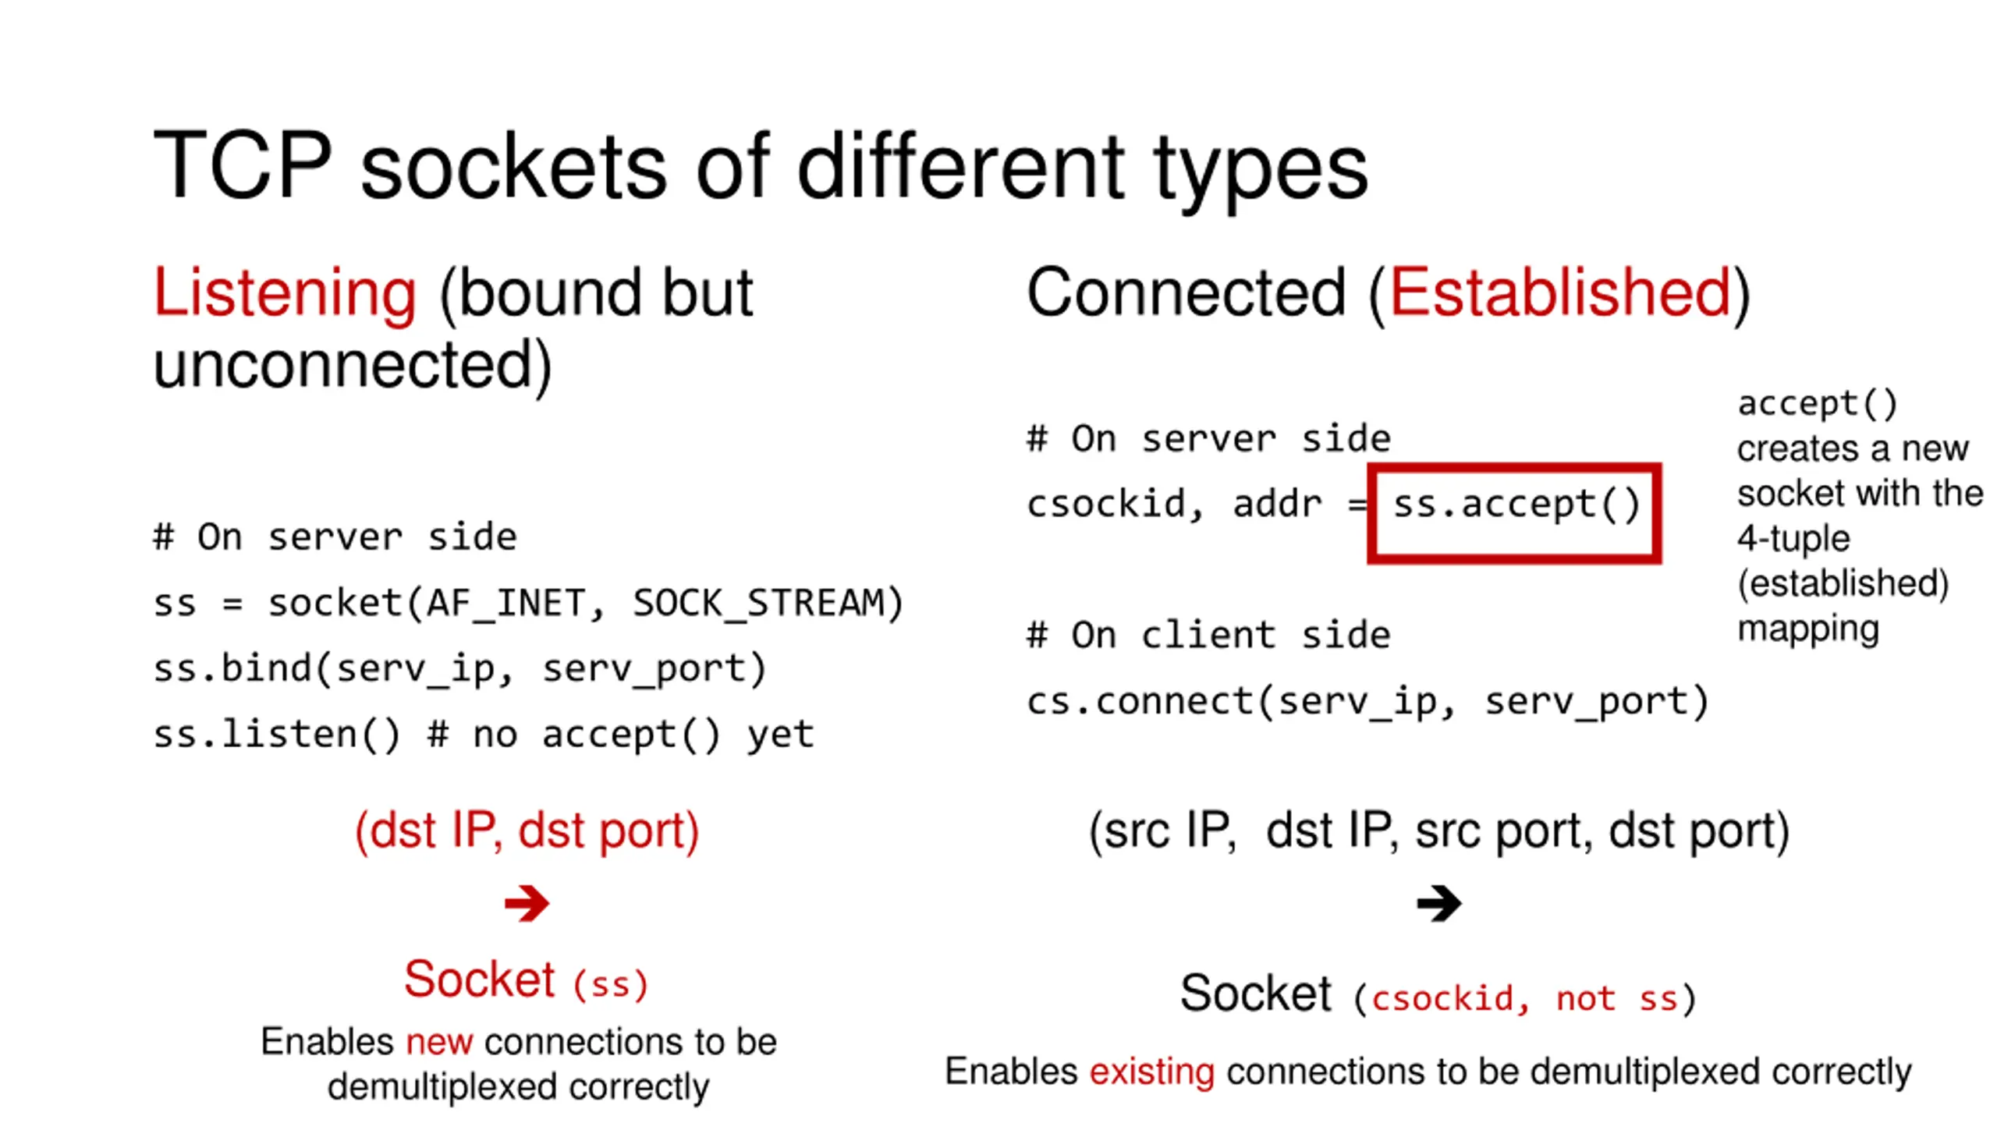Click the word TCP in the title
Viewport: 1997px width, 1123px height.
243,166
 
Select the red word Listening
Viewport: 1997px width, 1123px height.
285,292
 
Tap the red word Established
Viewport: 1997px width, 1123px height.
1560,292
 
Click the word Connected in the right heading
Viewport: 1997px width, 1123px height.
1186,292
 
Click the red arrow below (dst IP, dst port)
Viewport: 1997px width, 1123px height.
527,903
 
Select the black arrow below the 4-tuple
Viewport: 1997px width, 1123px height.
1438,903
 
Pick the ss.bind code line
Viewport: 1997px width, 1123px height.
460,669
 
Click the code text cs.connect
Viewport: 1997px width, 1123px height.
1139,701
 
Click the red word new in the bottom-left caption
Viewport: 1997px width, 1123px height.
439,1042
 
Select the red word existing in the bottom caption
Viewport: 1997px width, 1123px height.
1151,1072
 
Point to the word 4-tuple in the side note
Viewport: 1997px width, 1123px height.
1793,538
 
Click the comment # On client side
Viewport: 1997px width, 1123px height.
1208,636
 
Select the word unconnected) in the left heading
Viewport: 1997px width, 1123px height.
353,365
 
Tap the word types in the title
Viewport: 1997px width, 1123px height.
1261,168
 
